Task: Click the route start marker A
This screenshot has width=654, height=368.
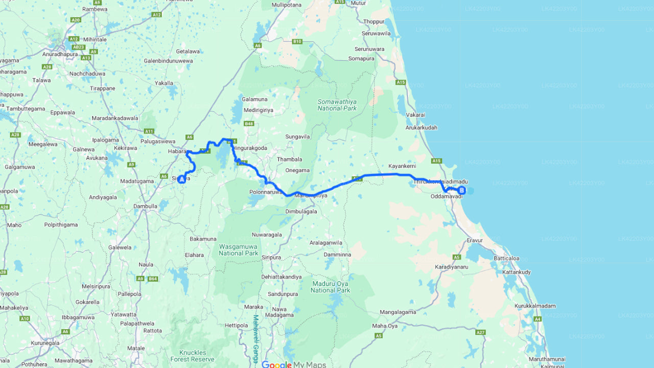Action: point(181,179)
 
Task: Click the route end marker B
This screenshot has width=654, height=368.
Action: point(461,191)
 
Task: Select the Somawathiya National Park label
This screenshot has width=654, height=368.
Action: point(336,105)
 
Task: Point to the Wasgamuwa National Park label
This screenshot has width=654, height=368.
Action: point(239,249)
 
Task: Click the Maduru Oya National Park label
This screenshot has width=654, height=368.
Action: point(330,287)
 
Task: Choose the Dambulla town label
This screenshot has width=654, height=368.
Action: point(145,206)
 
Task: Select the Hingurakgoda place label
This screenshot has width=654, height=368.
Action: point(250,148)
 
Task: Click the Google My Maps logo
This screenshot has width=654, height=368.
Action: point(293,364)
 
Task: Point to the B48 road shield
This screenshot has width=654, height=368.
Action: point(249,123)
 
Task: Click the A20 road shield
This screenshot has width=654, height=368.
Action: point(76,20)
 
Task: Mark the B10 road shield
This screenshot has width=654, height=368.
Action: point(297,41)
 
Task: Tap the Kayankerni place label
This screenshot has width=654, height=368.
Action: point(402,166)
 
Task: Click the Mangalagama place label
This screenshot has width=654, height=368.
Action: point(398,312)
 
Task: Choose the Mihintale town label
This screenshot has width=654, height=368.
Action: point(96,39)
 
